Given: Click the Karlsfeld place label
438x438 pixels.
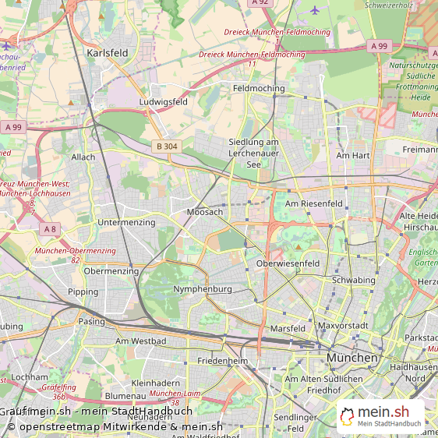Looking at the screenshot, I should (x=108, y=53).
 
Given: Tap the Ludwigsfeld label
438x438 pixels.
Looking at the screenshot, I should (x=163, y=102).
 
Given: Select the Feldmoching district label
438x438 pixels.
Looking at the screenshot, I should (x=259, y=89).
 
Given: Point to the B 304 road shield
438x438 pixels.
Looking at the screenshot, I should (x=166, y=146).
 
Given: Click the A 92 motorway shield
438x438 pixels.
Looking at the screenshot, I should (x=260, y=3).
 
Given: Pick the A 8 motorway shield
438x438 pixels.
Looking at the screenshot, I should (x=50, y=228).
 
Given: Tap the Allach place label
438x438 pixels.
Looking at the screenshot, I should (x=83, y=157).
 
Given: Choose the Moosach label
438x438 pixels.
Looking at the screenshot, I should (x=205, y=212).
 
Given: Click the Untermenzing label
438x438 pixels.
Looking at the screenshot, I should (x=126, y=223).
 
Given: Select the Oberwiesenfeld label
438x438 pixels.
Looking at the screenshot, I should (x=288, y=264).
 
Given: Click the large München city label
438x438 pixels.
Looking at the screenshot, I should (x=352, y=358).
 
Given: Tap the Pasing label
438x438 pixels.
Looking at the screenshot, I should (x=91, y=321).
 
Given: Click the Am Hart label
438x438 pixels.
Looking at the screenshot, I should (x=352, y=156).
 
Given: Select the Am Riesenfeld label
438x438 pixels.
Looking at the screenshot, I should (x=314, y=203).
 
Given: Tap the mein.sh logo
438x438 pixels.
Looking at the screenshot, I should (x=381, y=415).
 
